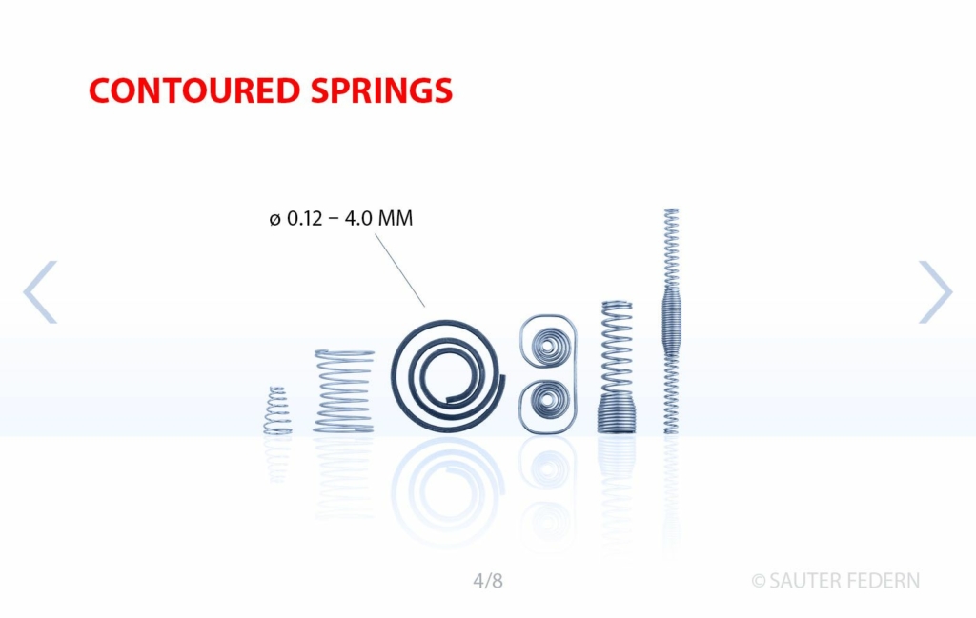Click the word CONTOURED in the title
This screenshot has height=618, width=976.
coord(194,90)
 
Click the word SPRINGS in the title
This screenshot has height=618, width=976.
coord(381,90)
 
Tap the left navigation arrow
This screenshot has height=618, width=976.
coord(40,291)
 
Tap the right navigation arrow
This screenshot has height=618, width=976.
coord(936,291)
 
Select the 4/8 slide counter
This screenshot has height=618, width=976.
coord(488,581)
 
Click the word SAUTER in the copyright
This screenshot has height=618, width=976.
coord(803,581)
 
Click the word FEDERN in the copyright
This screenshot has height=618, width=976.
coord(883,581)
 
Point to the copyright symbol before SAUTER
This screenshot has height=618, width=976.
coord(758,581)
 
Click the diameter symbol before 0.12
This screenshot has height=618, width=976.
coord(275,219)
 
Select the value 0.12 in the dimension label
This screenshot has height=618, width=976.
coord(304,218)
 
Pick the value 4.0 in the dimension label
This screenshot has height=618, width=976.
coord(358,218)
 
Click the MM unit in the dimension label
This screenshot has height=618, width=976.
coord(396,218)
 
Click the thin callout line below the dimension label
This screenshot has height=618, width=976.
coord(399,269)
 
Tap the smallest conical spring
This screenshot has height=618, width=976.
coord(277,410)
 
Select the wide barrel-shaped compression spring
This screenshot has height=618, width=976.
coord(344,391)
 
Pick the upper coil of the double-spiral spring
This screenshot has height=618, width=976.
coord(548,346)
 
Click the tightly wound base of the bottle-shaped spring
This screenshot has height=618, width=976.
coord(617,415)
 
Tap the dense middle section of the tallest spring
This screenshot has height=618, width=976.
coord(671,321)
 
